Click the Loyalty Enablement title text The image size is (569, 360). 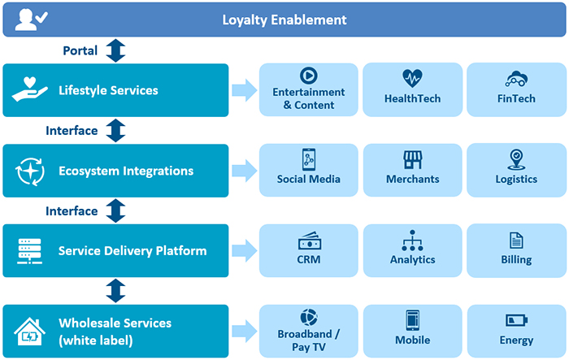(284, 20)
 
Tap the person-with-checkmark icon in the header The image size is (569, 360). (28, 19)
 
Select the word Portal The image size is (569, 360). (80, 50)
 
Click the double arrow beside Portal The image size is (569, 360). (116, 50)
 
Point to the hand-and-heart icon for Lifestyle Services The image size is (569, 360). (30, 90)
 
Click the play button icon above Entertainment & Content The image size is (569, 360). (308, 76)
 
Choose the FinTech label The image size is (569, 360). (516, 98)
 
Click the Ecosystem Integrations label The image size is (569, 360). (126, 171)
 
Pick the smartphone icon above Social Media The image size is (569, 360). (309, 159)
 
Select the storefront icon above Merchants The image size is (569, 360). (413, 159)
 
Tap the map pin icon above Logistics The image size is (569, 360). (516, 158)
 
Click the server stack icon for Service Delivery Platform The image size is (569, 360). (30, 250)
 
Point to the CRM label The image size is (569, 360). (309, 260)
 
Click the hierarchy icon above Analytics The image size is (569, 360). (413, 241)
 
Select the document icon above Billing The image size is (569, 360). (516, 241)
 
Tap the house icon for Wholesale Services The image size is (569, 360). (30, 331)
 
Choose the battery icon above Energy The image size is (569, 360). (516, 320)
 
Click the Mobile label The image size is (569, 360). (412, 340)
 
